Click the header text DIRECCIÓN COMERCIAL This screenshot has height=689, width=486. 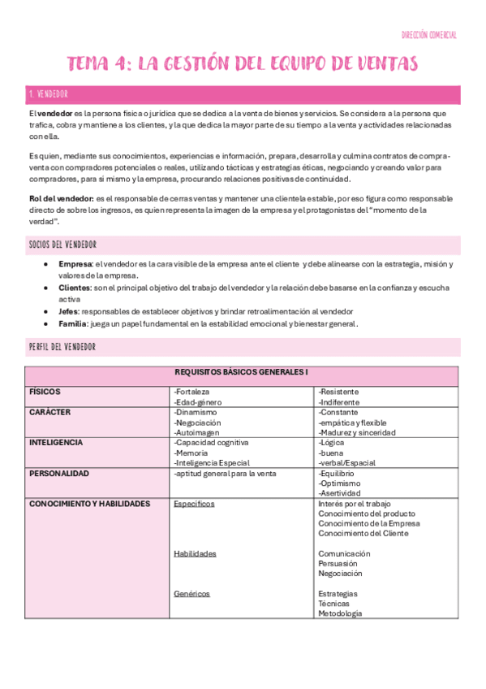429,35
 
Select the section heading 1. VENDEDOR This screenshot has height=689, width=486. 49,95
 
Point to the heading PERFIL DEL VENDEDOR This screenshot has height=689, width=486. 62,347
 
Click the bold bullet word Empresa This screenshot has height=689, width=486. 75,264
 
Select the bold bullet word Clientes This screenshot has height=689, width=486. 75,288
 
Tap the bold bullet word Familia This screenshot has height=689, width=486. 73,323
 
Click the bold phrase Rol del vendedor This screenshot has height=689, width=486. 61,198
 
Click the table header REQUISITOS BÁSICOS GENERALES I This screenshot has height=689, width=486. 242,372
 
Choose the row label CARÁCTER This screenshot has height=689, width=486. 49,412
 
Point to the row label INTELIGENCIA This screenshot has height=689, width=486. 55,443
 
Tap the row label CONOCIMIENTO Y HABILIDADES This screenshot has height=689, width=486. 89,504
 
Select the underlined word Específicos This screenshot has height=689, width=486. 194,504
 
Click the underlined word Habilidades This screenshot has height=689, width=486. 195,553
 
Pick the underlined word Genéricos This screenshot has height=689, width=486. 192,593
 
